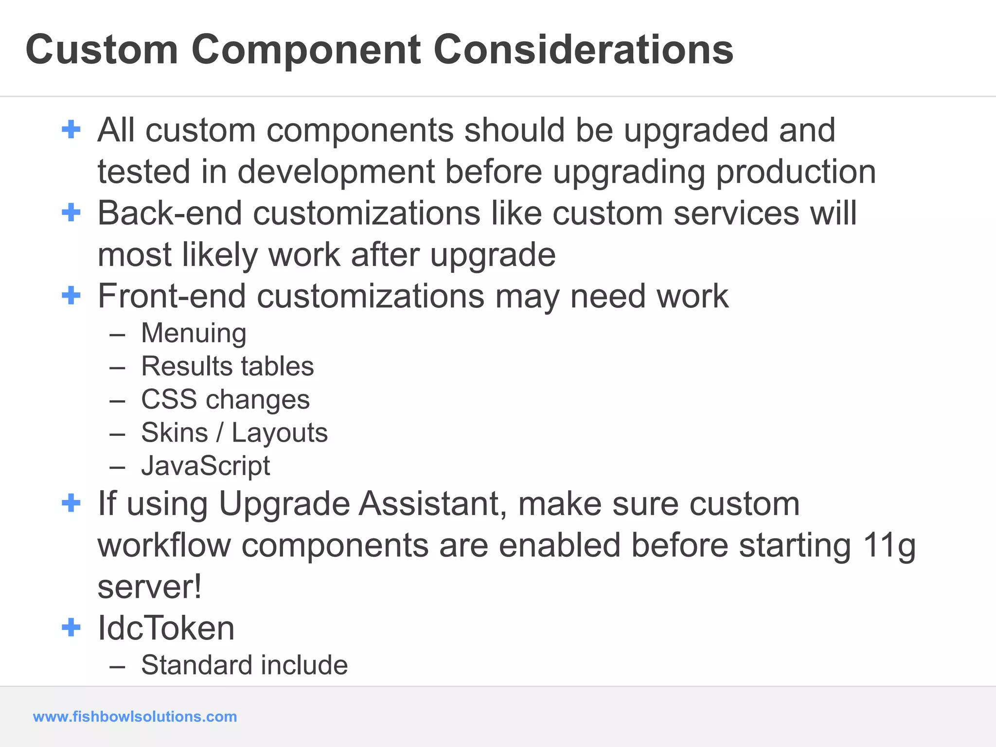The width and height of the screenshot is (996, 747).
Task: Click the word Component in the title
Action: (x=305, y=50)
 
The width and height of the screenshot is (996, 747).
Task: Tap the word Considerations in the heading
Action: (x=583, y=50)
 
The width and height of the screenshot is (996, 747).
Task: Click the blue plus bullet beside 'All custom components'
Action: (x=71, y=129)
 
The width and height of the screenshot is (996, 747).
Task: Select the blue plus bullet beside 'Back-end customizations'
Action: (x=71, y=213)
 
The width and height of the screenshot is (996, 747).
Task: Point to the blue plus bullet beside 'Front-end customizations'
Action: (x=71, y=295)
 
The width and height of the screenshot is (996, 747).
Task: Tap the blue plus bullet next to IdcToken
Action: (x=71, y=627)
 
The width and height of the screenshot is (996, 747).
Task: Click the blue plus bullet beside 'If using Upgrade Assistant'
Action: (x=71, y=503)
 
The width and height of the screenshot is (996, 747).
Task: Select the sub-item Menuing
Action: (x=194, y=333)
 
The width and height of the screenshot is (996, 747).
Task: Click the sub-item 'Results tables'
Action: (x=227, y=366)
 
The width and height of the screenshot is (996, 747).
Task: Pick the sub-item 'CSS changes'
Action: (x=225, y=399)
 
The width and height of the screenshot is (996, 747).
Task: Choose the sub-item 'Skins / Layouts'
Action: (x=234, y=432)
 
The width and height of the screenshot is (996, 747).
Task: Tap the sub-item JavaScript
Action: (x=205, y=465)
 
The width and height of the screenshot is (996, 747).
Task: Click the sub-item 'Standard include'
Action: (x=244, y=665)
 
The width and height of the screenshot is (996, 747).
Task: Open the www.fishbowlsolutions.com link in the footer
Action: (x=135, y=716)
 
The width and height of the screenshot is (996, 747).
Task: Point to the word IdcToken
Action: (x=166, y=628)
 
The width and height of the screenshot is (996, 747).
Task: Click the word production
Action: (x=796, y=172)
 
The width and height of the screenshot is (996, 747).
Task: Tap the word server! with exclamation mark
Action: (x=149, y=587)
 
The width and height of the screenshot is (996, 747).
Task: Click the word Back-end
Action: (x=170, y=213)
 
